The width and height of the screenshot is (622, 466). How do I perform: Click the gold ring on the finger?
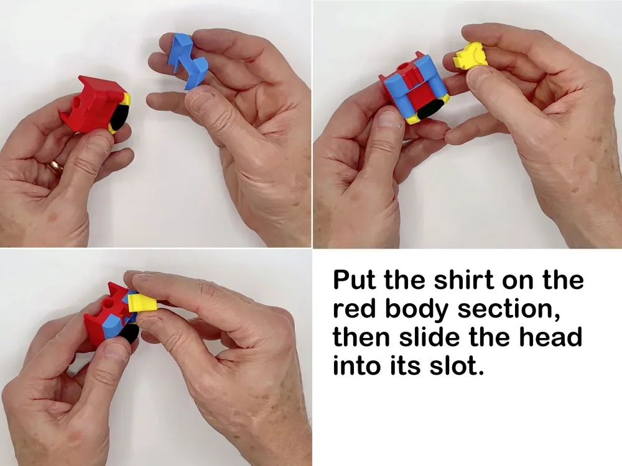pyautogui.click(x=56, y=166)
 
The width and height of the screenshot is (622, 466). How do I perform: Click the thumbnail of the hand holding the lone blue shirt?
pyautogui.click(x=155, y=124)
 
